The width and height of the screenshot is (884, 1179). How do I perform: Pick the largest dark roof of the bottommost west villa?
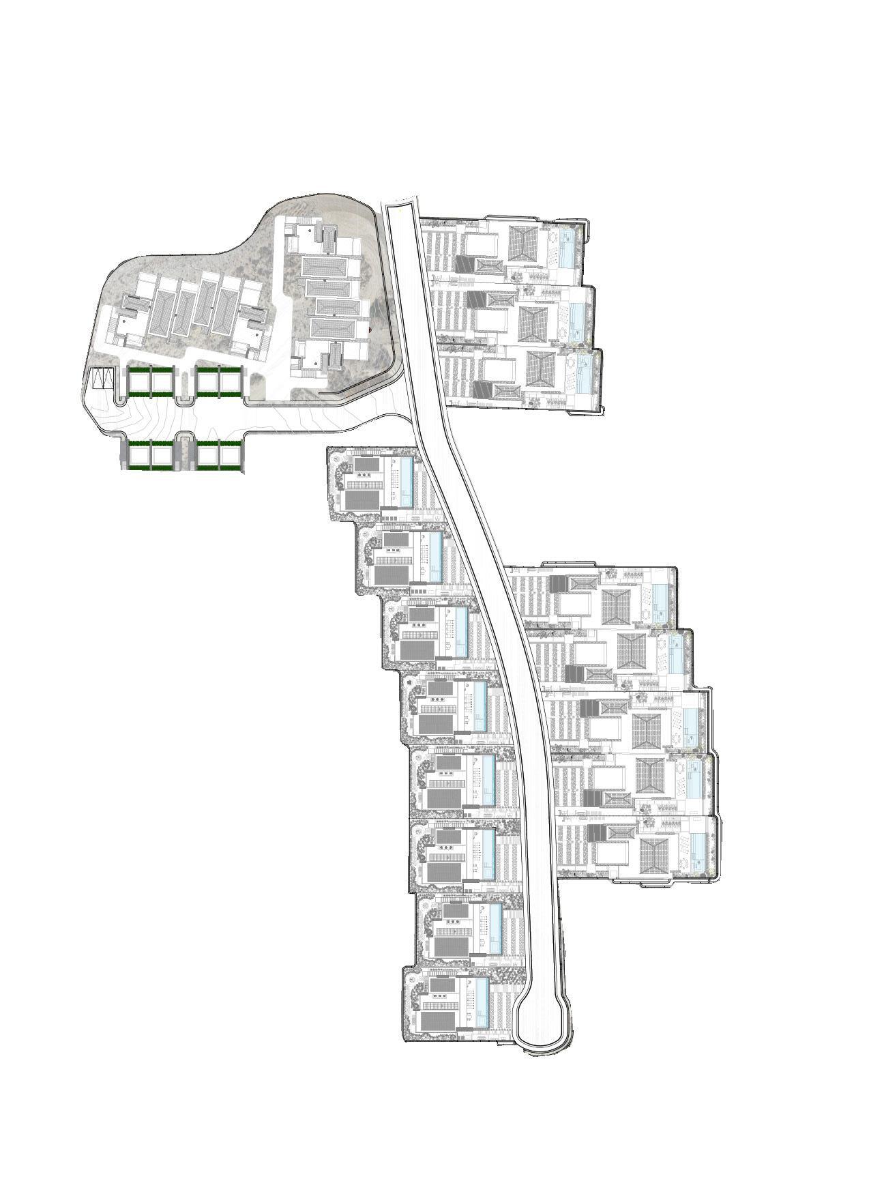[x=439, y=1023]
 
